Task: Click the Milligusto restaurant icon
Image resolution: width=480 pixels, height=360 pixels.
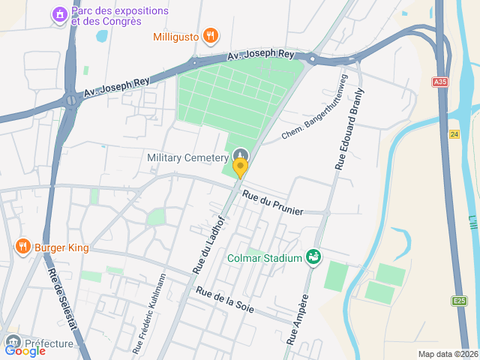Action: pyautogui.click(x=211, y=34)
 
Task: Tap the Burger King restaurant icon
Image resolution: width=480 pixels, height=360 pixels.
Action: pyautogui.click(x=23, y=246)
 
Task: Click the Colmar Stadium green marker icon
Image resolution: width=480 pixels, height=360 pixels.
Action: pyautogui.click(x=313, y=258)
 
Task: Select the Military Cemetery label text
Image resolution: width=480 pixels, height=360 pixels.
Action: pyautogui.click(x=187, y=157)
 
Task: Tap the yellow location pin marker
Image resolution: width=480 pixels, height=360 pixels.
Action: pyautogui.click(x=240, y=166)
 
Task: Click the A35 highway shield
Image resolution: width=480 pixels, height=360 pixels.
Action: pyautogui.click(x=439, y=81)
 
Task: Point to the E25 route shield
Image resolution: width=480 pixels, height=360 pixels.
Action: pyautogui.click(x=458, y=301)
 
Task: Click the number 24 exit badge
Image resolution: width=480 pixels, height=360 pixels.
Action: pyautogui.click(x=454, y=134)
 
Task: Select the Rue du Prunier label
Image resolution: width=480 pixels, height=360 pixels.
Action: pyautogui.click(x=272, y=202)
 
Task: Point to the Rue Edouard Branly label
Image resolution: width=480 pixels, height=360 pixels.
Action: pyautogui.click(x=349, y=129)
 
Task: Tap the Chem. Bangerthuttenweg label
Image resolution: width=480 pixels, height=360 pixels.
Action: pyautogui.click(x=316, y=112)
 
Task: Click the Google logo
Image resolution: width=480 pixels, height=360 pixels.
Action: pyautogui.click(x=25, y=350)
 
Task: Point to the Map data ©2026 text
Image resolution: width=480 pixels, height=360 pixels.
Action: pyautogui.click(x=447, y=354)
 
